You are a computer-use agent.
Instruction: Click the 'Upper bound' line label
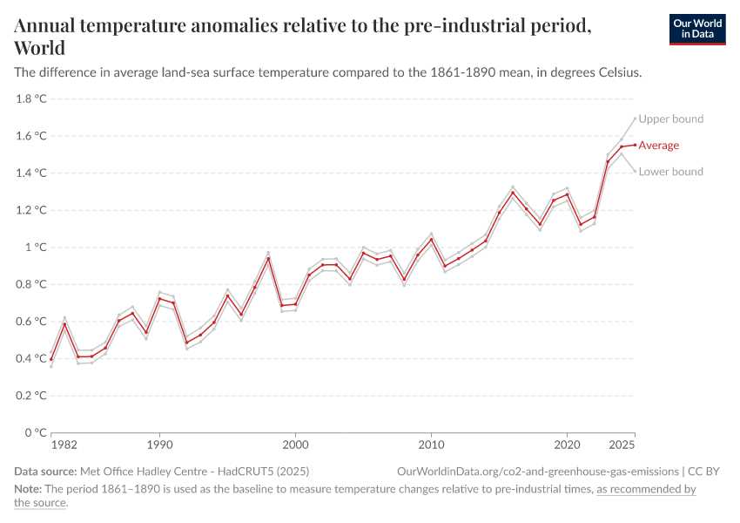671,119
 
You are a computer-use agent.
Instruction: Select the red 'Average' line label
658,146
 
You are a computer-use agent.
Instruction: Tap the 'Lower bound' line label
670,172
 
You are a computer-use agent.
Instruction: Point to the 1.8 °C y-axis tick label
30,98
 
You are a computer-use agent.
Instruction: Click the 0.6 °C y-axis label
30,321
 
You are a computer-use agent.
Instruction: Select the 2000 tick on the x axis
295,445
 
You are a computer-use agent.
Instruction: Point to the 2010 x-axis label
431,445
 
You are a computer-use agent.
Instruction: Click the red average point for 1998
268,258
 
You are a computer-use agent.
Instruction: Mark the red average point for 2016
513,193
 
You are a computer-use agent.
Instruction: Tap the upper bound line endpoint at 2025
635,119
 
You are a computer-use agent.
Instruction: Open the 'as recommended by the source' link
645,489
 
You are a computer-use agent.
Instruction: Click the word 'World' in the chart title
39,47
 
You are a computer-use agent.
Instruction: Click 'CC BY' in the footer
703,471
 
